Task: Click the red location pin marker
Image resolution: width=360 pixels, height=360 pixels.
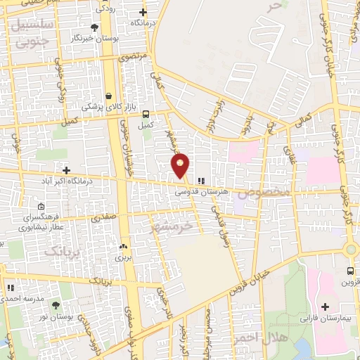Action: (181, 165)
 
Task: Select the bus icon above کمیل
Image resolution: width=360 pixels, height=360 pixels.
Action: (146, 115)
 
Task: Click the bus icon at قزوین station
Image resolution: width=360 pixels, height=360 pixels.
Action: (350, 271)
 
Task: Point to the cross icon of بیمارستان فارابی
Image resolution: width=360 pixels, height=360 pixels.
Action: (325, 307)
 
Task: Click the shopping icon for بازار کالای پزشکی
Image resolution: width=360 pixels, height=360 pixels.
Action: (108, 96)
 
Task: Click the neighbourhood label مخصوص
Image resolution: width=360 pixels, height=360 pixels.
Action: (262, 191)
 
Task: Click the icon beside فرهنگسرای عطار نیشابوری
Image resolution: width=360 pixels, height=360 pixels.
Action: (41, 207)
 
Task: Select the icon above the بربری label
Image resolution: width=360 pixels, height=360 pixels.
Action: (124, 247)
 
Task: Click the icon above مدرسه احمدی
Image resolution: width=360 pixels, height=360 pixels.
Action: (11, 288)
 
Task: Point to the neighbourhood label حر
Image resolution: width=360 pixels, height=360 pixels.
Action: (274, 6)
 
